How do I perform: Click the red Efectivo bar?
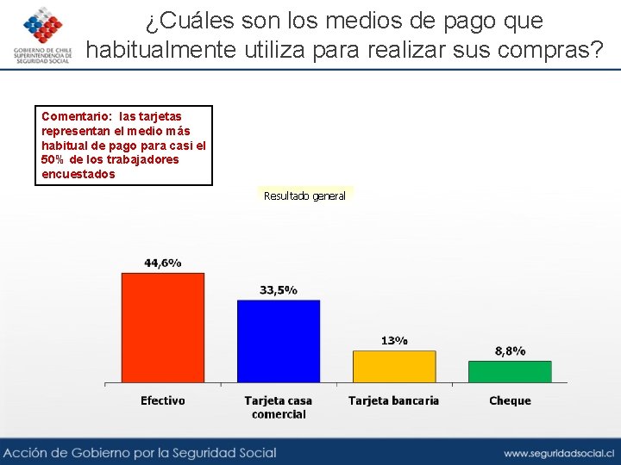click(x=163, y=327)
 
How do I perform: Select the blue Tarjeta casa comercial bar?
click(x=279, y=341)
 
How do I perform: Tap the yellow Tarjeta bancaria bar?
click(x=394, y=366)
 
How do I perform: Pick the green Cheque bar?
click(x=510, y=371)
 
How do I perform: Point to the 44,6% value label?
click(x=163, y=263)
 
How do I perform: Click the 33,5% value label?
click(x=279, y=290)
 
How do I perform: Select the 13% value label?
click(x=394, y=340)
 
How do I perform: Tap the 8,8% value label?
click(x=510, y=350)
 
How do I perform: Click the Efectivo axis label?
click(x=163, y=400)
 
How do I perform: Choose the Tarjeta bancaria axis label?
click(x=393, y=400)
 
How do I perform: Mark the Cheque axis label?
click(x=510, y=400)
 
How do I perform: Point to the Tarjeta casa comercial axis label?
click(x=279, y=407)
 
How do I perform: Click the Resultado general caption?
click(x=304, y=196)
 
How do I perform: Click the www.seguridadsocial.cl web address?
click(x=558, y=452)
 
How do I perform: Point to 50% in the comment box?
click(x=51, y=159)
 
